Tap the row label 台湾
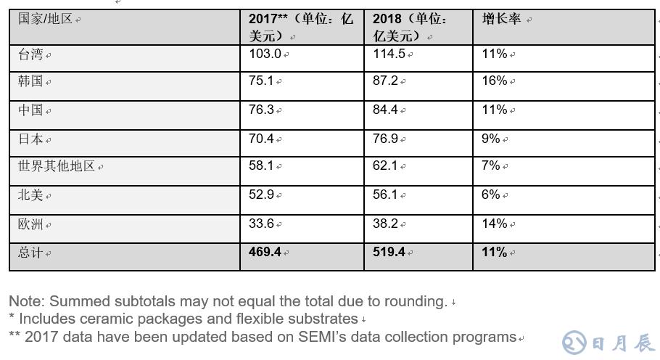click(x=30, y=54)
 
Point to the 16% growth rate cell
click(x=494, y=81)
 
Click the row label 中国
click(x=30, y=110)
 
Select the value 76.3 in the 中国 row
click(x=261, y=110)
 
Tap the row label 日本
click(x=30, y=138)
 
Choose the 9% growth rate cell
click(x=491, y=138)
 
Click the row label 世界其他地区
click(x=57, y=166)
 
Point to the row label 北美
click(x=30, y=195)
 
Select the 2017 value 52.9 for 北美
click(x=261, y=195)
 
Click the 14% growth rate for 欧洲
click(x=494, y=224)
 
